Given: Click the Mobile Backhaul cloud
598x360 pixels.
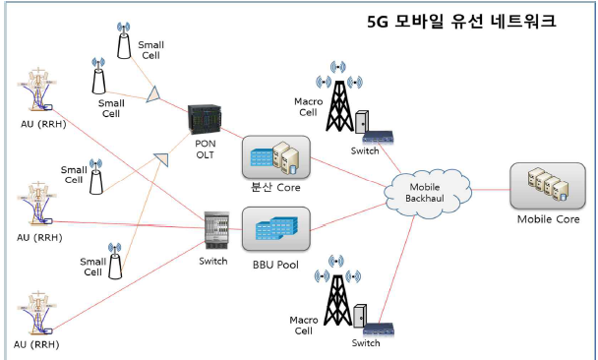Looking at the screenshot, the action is pos(428,194).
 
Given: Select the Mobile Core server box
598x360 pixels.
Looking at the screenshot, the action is pos(548,186).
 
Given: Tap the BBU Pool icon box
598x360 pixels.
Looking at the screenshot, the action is pos(276,229).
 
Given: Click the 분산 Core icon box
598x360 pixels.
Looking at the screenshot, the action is pos(276,157).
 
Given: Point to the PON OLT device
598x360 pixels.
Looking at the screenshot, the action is pos(205,119).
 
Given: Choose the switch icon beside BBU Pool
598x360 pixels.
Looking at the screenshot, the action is pos(216,231).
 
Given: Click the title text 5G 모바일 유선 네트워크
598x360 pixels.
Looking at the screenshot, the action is pos(461,22).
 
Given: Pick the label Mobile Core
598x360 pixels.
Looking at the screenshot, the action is pos(548,219).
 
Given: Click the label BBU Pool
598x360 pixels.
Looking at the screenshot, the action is pos(275,265).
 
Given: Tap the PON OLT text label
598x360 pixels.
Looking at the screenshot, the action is pos(206,150).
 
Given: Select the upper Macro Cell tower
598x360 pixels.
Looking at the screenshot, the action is pos(339,96).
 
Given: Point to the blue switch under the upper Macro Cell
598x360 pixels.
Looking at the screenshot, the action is pos(378,137).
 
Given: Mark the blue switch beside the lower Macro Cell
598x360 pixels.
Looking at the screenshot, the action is pos(379,330).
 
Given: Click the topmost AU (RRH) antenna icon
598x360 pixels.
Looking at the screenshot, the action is pos(37,90).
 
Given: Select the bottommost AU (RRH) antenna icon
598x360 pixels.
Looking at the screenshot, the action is pos(37,313).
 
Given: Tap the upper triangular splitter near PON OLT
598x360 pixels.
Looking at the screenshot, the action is pos(153,95).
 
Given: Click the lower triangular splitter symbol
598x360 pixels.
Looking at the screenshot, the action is pos(161,159).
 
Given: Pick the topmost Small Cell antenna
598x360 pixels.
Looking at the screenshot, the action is pos(124,40).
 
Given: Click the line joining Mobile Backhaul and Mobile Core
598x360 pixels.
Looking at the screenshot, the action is pos(491,190).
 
